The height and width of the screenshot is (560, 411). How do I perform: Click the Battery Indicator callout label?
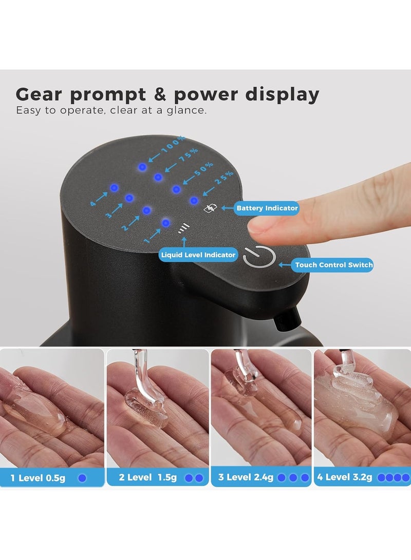tap(267, 208)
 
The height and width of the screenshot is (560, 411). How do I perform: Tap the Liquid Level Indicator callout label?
tap(198, 255)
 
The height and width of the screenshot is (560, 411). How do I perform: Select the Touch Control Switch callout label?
tap(334, 265)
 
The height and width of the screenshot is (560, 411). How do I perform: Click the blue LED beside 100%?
tap(142, 167)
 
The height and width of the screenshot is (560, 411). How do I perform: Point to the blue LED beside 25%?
tap(194, 200)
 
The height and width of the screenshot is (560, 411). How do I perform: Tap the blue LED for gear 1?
tap(165, 223)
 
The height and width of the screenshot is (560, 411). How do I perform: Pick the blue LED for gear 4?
tap(115, 188)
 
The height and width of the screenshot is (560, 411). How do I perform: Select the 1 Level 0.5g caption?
tap(39, 478)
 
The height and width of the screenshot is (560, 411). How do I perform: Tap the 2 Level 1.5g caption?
tap(148, 477)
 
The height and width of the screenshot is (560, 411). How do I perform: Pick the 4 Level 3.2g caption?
tap(345, 477)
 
